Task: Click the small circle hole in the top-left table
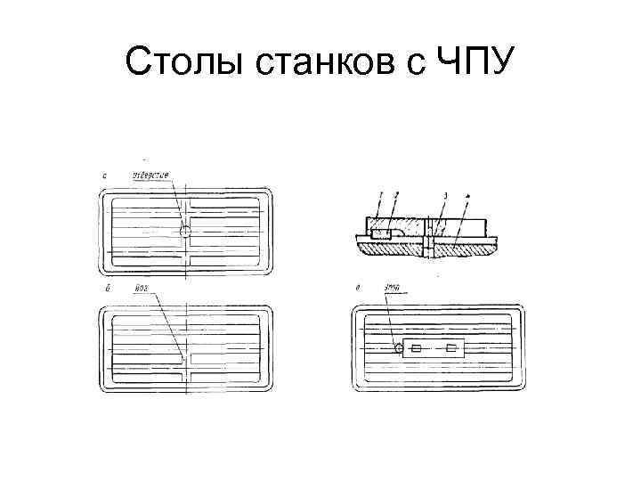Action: coord(185,232)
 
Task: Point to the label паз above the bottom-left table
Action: coord(141,289)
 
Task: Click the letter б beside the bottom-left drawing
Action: coord(108,290)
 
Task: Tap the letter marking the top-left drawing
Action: coord(105,176)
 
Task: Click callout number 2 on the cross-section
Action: coord(396,194)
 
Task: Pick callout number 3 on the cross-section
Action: coord(444,195)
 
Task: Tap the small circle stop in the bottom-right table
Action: coord(399,348)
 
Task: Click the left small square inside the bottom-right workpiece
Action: coord(418,348)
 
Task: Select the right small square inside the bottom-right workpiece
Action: coord(451,348)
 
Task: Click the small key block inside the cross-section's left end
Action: coord(381,233)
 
